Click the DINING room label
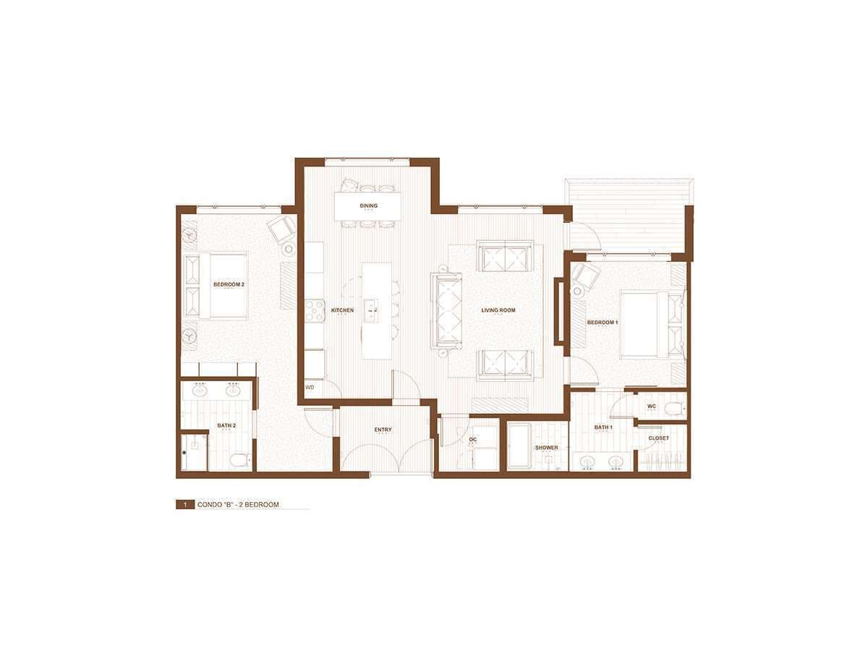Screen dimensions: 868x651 click(x=368, y=205)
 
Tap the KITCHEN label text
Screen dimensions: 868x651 click(x=342, y=310)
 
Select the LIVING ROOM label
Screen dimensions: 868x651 click(x=498, y=310)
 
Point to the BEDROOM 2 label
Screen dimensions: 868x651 click(x=229, y=284)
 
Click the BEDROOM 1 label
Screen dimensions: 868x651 click(x=603, y=323)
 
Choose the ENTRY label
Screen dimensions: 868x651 click(x=383, y=430)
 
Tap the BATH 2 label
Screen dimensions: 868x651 click(x=226, y=426)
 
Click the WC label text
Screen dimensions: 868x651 click(x=652, y=407)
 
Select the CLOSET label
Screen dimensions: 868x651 click(x=659, y=438)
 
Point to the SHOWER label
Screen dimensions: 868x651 click(x=547, y=448)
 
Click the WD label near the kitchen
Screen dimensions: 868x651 click(x=310, y=388)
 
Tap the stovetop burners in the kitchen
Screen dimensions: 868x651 click(x=314, y=310)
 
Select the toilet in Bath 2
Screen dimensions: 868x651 click(x=240, y=460)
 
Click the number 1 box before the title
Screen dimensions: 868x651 click(x=185, y=505)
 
